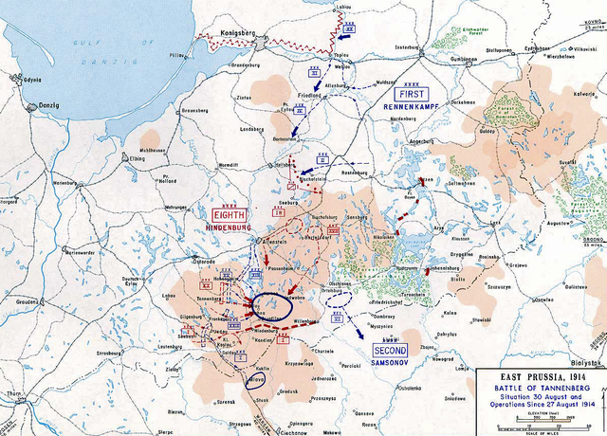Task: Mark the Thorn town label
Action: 11,391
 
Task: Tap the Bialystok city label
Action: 585,363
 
